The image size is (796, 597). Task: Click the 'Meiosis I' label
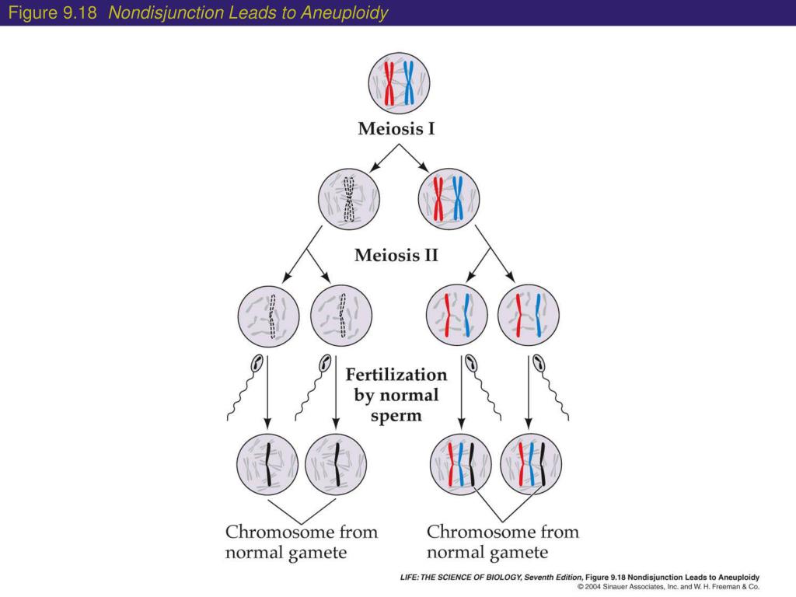[x=396, y=129]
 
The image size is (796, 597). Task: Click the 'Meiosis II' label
[x=396, y=255]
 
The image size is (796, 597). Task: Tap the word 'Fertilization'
[x=396, y=375]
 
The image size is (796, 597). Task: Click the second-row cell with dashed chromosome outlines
[x=349, y=199]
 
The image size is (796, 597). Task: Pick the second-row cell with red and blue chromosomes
[x=449, y=199]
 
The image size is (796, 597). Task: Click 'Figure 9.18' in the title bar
[x=52, y=13]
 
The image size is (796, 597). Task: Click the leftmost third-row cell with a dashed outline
[x=268, y=317]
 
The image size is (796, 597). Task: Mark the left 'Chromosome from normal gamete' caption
[x=302, y=543]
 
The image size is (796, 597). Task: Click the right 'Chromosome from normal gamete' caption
[x=503, y=543]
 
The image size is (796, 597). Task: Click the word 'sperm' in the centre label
[x=396, y=415]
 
